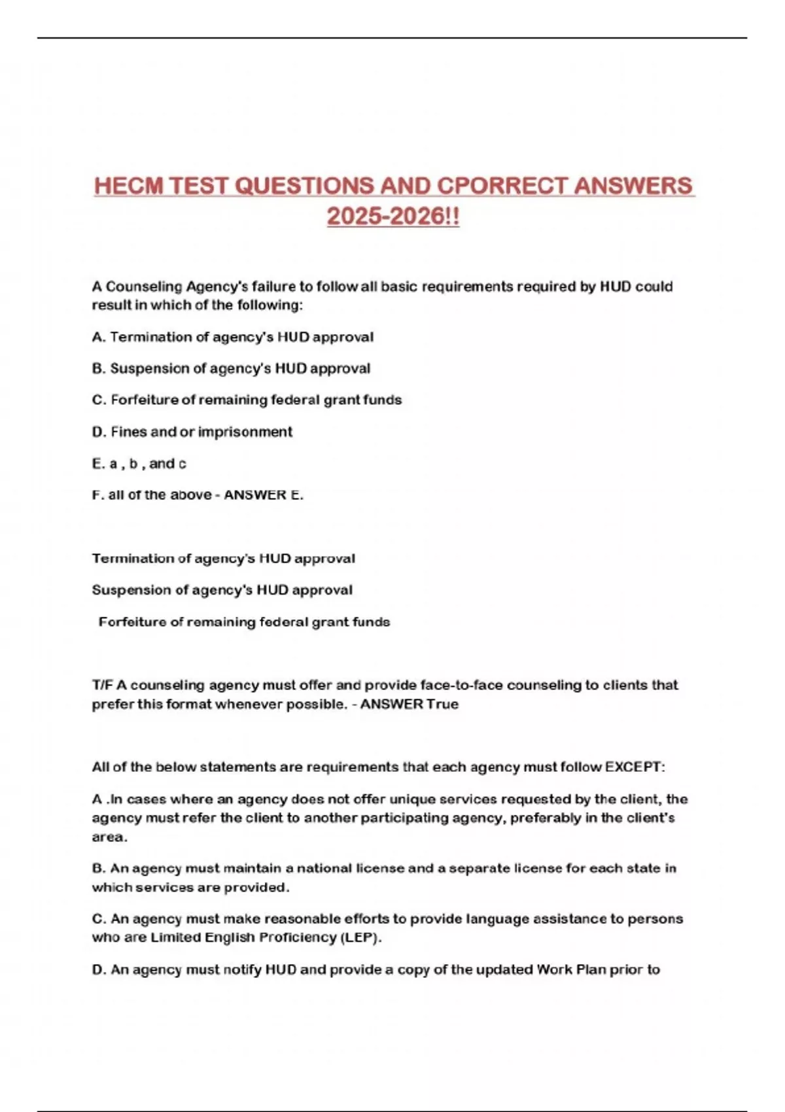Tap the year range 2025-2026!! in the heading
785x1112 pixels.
pyautogui.click(x=393, y=217)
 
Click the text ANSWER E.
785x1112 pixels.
pyautogui.click(x=264, y=495)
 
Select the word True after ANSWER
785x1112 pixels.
pyautogui.click(x=443, y=704)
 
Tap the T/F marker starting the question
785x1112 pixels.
pyautogui.click(x=102, y=686)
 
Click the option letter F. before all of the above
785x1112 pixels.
pyautogui.click(x=98, y=495)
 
